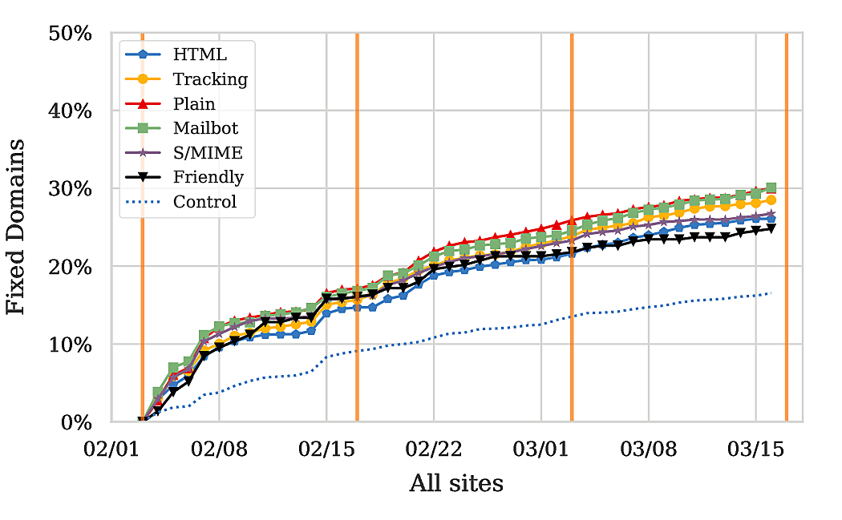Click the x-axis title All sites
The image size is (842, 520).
(456, 484)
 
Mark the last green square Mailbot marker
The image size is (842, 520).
(771, 188)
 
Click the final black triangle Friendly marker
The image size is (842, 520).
(771, 228)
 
